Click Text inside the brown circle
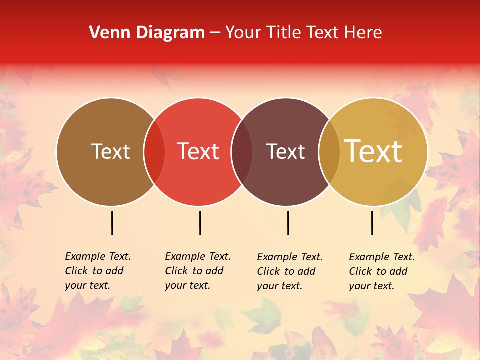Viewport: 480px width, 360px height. pyautogui.click(x=110, y=152)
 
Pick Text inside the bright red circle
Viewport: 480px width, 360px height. pyautogui.click(x=198, y=152)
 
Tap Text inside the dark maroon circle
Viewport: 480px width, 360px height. pyautogui.click(x=285, y=152)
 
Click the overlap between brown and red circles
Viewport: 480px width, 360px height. pyautogui.click(x=154, y=152)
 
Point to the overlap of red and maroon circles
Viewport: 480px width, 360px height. pyautogui.click(x=241, y=152)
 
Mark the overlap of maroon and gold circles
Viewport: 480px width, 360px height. pyautogui.click(x=329, y=152)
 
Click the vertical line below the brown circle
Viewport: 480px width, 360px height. pyautogui.click(x=112, y=223)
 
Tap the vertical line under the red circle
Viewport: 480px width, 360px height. pyautogui.click(x=200, y=223)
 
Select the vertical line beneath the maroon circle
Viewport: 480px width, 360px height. pyautogui.click(x=288, y=223)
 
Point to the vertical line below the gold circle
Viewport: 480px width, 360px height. pyautogui.click(x=372, y=223)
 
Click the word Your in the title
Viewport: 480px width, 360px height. pyautogui.click(x=243, y=33)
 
